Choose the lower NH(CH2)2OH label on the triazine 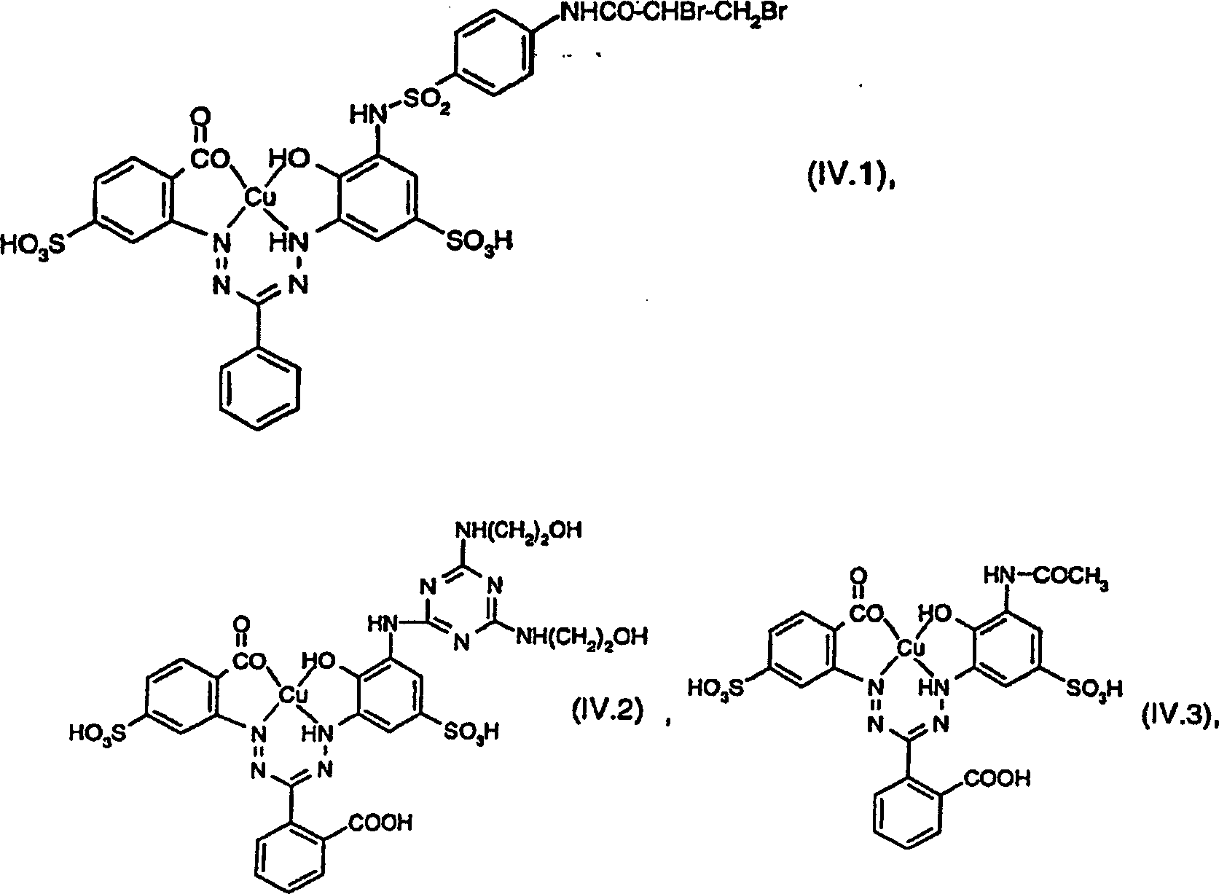point(581,637)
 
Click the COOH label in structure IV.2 point(381,823)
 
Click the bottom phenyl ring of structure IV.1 point(260,392)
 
